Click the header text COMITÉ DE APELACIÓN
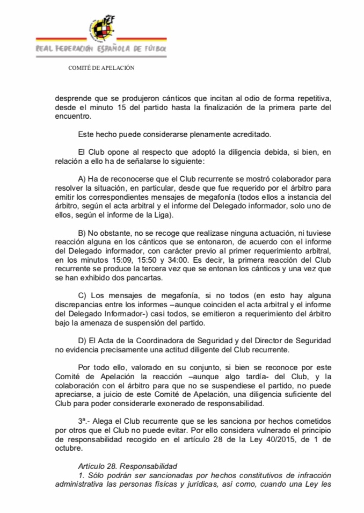[101, 68]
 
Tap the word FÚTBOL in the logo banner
[154, 49]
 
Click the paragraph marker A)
[83, 175]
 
